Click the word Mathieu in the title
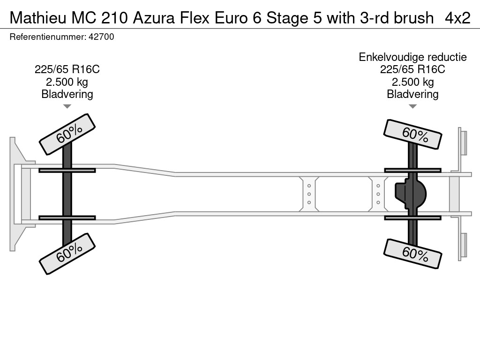coord(37,18)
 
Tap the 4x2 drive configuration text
coord(457,18)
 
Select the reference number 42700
coord(101,37)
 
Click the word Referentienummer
coord(47,37)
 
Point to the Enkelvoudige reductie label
coord(412,57)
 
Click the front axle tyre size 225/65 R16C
coord(67,69)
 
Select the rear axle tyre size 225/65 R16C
coord(412,69)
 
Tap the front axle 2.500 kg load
coord(67,82)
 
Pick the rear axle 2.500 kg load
coord(412,82)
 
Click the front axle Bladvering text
coord(67,94)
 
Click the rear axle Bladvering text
coord(412,94)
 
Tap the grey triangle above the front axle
coord(67,106)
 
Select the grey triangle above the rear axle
coord(412,106)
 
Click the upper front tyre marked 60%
coord(67,135)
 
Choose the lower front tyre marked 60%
coord(67,254)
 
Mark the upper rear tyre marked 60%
coord(412,135)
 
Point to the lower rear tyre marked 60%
coord(412,254)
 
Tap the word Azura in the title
coord(154,18)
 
